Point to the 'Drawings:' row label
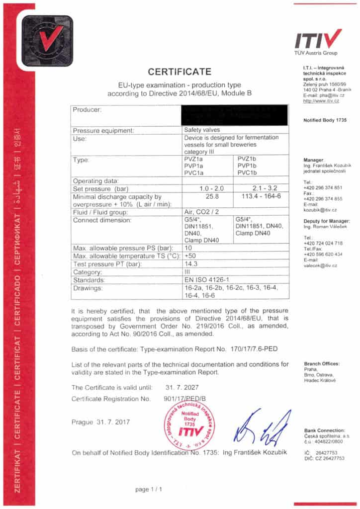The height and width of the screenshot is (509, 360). (x=88, y=288)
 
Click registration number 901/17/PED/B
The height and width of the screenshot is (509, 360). (x=185, y=399)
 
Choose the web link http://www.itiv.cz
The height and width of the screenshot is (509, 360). (x=321, y=101)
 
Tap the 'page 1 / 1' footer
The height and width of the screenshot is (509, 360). (x=149, y=490)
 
